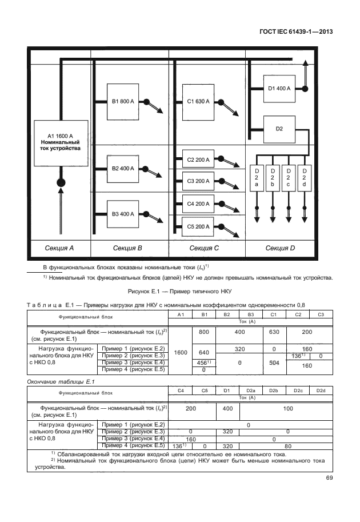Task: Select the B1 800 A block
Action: pos(123,102)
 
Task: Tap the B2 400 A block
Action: pos(123,169)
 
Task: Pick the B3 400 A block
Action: pos(123,214)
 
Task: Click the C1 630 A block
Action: pos(198,102)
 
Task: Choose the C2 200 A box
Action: pos(198,160)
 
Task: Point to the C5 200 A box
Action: pos(198,227)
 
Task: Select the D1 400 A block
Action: pos(279,89)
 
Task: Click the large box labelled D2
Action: pos(279,129)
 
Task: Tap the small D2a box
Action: pos(257,178)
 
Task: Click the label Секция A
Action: pos(60,248)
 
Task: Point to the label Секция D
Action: pos(280,248)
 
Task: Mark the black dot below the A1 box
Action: pos(60,182)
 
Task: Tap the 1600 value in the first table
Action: pos(181,353)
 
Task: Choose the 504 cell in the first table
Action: pos(273,362)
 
